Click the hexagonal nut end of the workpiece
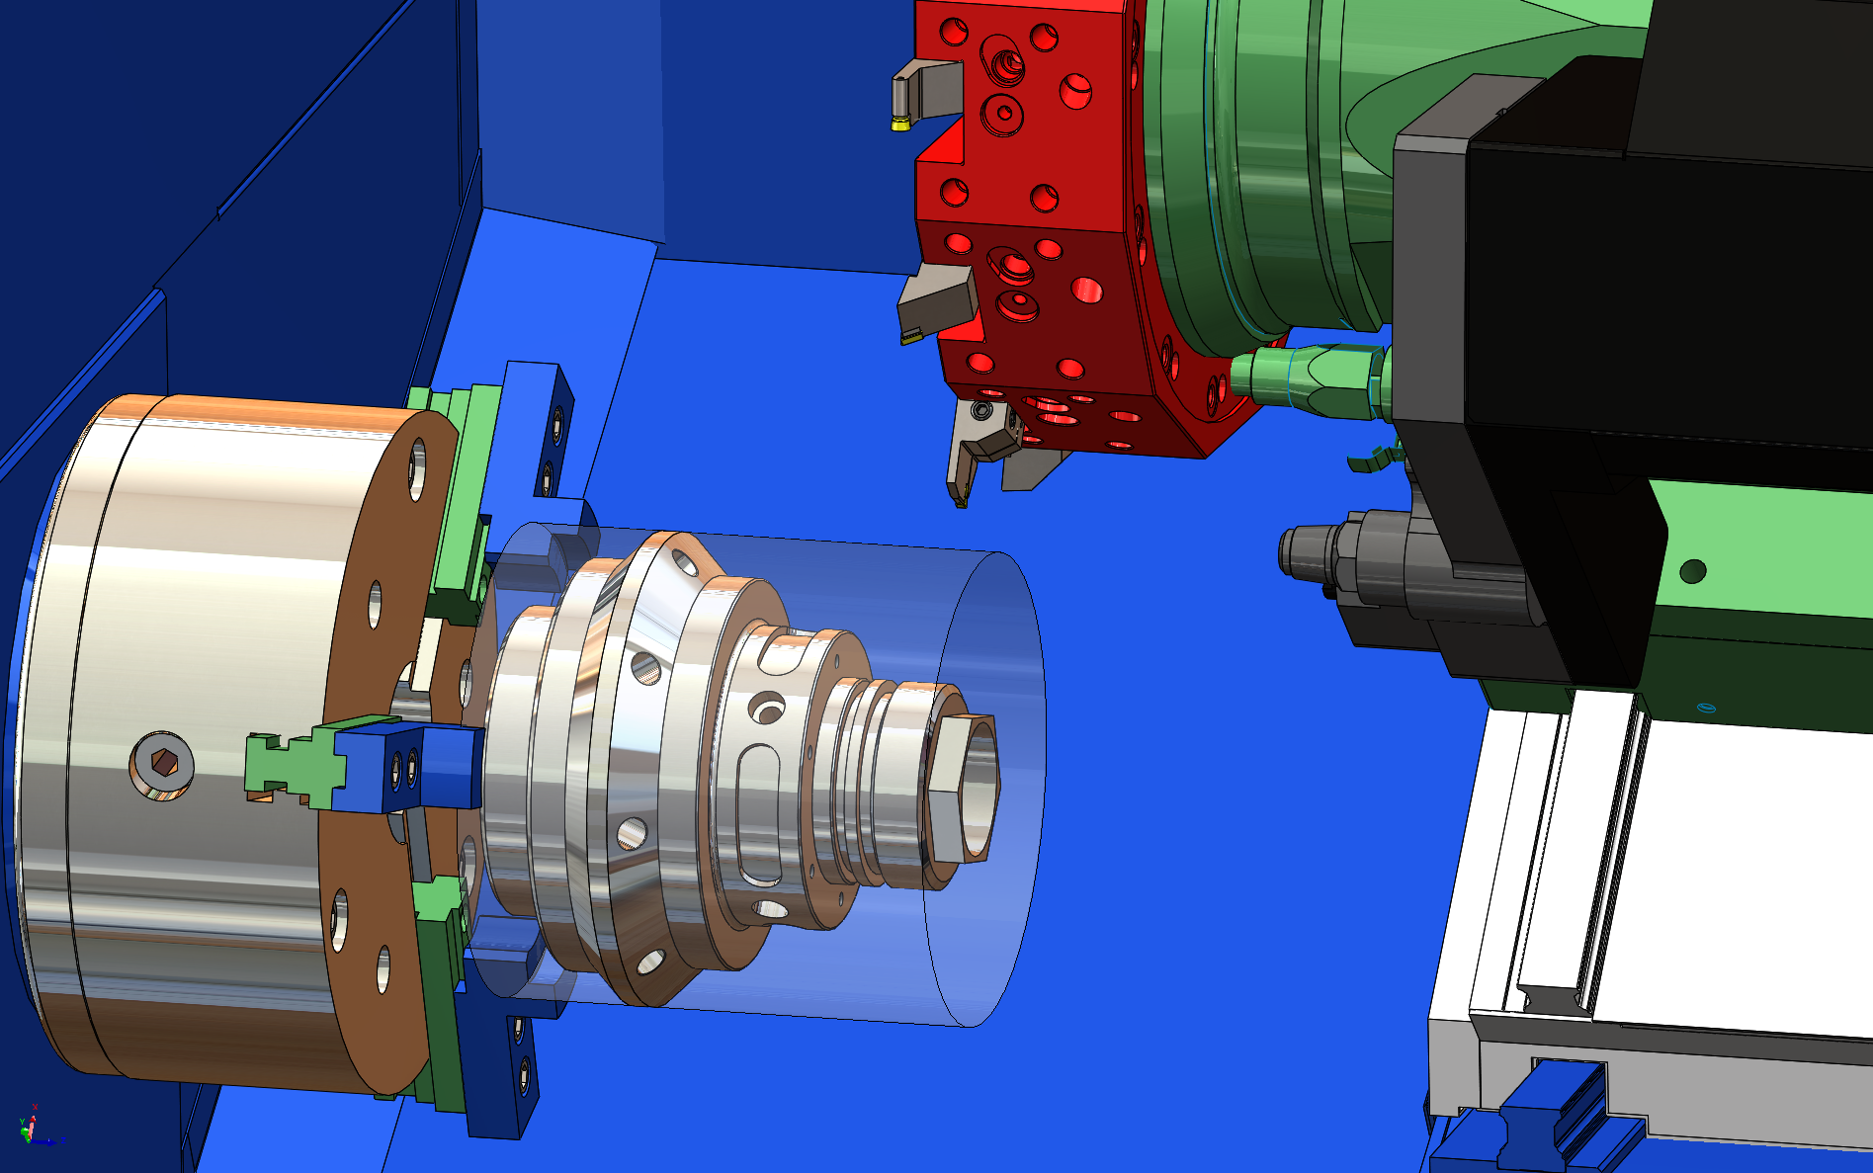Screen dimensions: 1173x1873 963,788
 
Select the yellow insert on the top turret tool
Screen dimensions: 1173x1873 900,123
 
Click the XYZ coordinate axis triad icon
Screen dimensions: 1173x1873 32,1127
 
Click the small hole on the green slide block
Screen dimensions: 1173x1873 1692,571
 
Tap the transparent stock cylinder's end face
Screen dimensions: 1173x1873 988,791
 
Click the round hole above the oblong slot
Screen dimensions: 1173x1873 767,708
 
